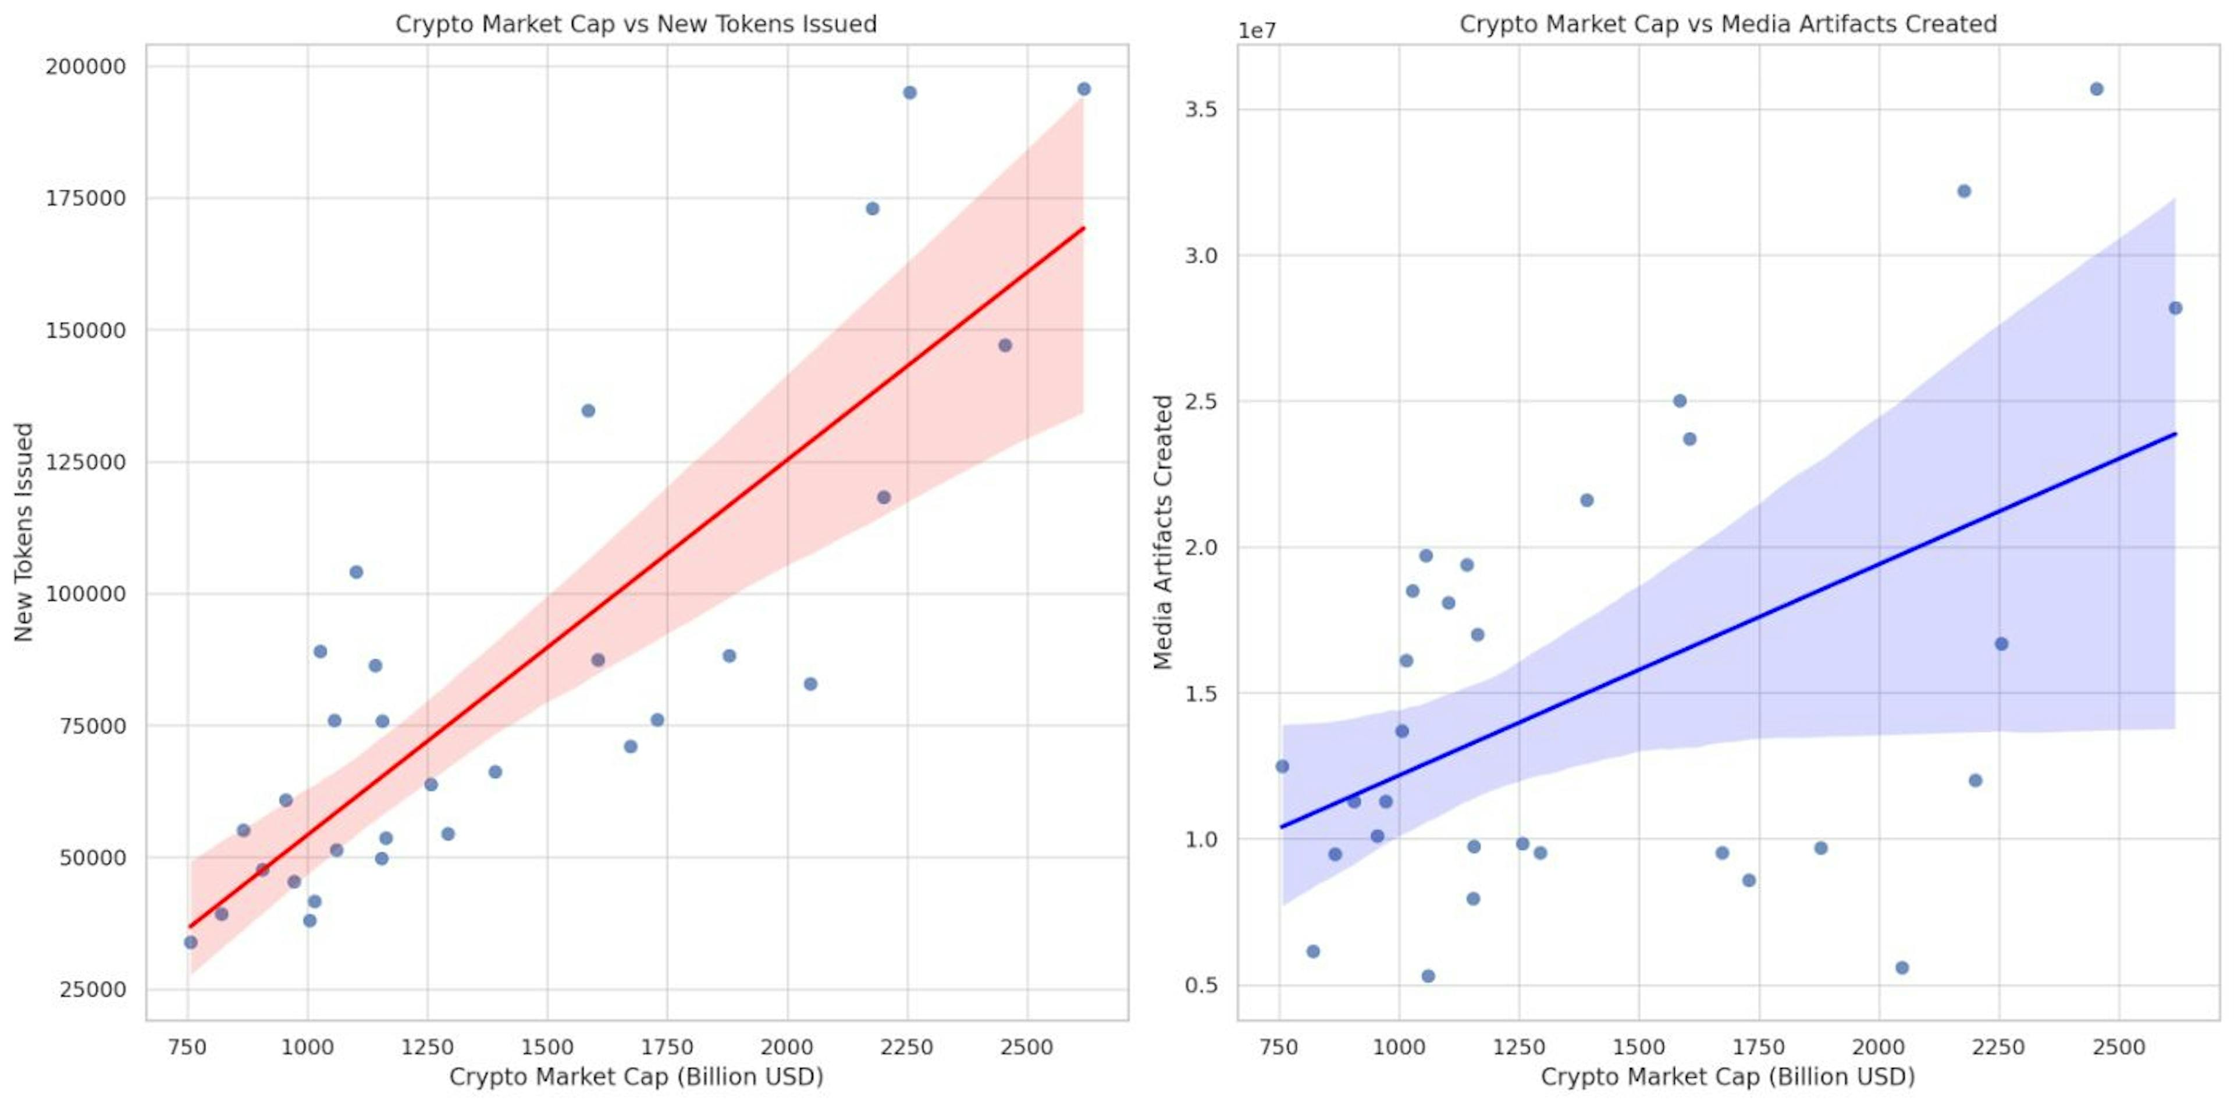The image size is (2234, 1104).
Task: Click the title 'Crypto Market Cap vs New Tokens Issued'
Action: (x=636, y=24)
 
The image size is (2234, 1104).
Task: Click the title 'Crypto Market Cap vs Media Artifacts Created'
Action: (x=1727, y=24)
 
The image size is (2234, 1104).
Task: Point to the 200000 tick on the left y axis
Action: (x=85, y=67)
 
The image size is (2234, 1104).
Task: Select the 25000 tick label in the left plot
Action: (x=91, y=989)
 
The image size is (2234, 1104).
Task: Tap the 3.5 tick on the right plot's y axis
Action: (x=1200, y=110)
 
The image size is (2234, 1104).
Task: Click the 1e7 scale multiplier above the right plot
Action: (x=1257, y=31)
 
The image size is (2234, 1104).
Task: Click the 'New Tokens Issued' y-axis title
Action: (x=24, y=532)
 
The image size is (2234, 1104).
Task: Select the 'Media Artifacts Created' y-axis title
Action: (x=1163, y=532)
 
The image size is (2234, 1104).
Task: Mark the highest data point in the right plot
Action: (x=2096, y=90)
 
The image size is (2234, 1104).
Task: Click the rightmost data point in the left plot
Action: (x=1083, y=90)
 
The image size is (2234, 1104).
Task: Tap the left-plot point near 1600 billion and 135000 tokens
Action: (x=588, y=410)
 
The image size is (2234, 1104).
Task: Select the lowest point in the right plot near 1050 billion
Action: (x=1428, y=975)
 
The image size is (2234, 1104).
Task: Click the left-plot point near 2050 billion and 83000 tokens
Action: (x=810, y=684)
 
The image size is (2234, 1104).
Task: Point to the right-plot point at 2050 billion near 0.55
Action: (x=1902, y=967)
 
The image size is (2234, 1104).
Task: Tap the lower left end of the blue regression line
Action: (x=1283, y=827)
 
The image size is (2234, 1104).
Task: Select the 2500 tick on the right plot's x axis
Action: (x=2119, y=1047)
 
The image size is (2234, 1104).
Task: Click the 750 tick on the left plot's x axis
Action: (x=187, y=1047)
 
